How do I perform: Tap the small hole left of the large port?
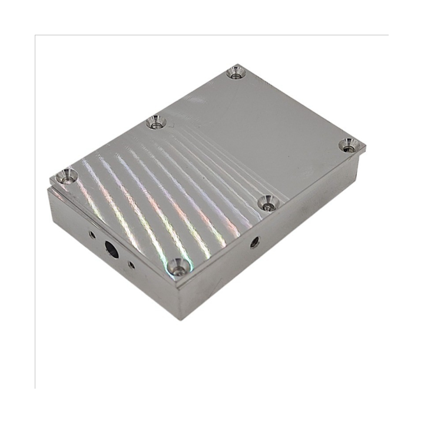pyautogui.click(x=92, y=234)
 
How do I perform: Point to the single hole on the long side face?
pyautogui.click(x=254, y=241)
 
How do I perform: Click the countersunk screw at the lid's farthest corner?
pyautogui.click(x=236, y=72)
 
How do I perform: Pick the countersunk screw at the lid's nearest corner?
pyautogui.click(x=178, y=268)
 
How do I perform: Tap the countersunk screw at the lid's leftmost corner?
pyautogui.click(x=67, y=175)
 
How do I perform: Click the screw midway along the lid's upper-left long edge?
pyautogui.click(x=156, y=122)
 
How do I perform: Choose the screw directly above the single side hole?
pyautogui.click(x=267, y=203)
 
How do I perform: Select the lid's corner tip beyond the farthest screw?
pyautogui.click(x=238, y=65)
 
